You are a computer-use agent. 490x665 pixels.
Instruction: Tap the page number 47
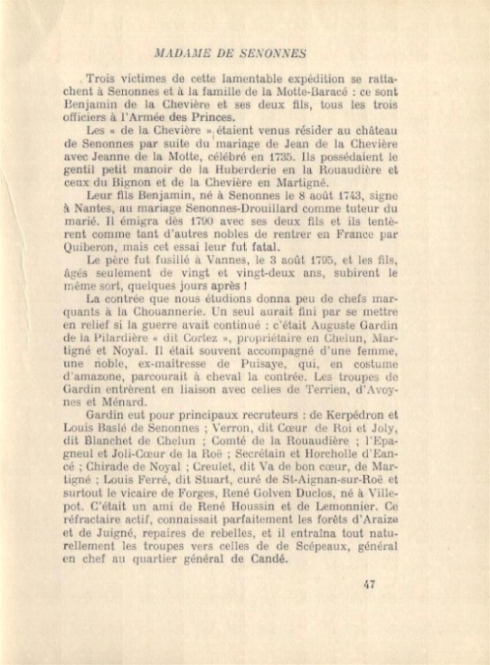tap(369, 584)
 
